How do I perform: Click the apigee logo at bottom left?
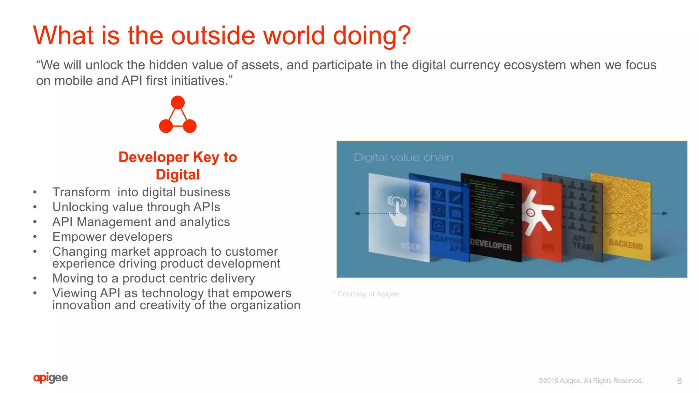[51, 378]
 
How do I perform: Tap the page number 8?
[679, 381]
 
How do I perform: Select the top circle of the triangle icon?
[178, 102]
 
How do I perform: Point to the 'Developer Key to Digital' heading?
[177, 166]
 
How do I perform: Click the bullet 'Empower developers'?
[112, 237]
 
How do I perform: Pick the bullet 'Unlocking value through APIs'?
[136, 207]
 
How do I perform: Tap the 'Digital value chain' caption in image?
[403, 157]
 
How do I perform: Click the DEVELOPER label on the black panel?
[491, 244]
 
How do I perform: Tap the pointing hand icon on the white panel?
[397, 211]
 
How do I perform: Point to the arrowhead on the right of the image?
[665, 213]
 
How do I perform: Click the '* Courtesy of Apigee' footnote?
[366, 294]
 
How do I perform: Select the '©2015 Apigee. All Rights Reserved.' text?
[590, 381]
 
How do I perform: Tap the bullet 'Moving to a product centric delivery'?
[154, 278]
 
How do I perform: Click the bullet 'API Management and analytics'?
[141, 222]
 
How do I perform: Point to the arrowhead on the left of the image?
[357, 213]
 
